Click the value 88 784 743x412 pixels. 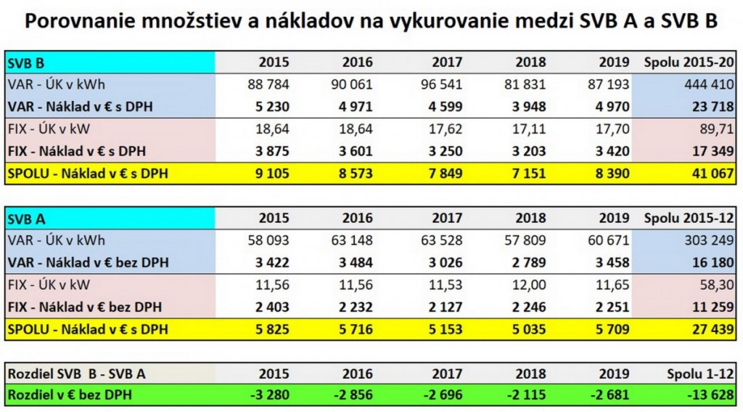[268, 84]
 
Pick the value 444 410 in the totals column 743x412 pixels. [705, 84]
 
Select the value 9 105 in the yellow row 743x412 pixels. [272, 174]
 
